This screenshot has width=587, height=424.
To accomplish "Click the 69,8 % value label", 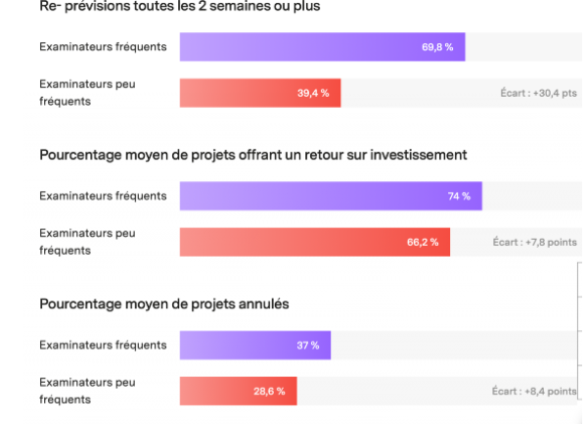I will tap(436, 47).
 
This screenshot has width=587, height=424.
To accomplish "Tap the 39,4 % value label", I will tap(312, 93).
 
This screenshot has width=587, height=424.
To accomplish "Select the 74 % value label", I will tap(459, 196).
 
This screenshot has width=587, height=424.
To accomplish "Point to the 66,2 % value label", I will tap(423, 242).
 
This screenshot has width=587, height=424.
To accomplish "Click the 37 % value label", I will tap(307, 345).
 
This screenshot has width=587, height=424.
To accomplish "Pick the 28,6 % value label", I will tap(269, 391).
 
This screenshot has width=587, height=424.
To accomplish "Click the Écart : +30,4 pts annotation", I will tap(538, 94).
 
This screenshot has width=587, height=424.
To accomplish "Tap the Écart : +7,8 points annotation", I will tap(534, 242).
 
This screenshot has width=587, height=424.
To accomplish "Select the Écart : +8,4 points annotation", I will tap(534, 391).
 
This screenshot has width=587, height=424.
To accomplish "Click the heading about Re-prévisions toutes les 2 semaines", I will tap(179, 8).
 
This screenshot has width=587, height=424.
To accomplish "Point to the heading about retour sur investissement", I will tap(253, 155).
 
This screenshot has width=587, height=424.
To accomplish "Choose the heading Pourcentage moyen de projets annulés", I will tap(164, 304).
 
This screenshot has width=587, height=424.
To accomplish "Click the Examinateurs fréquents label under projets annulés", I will tap(103, 345).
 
